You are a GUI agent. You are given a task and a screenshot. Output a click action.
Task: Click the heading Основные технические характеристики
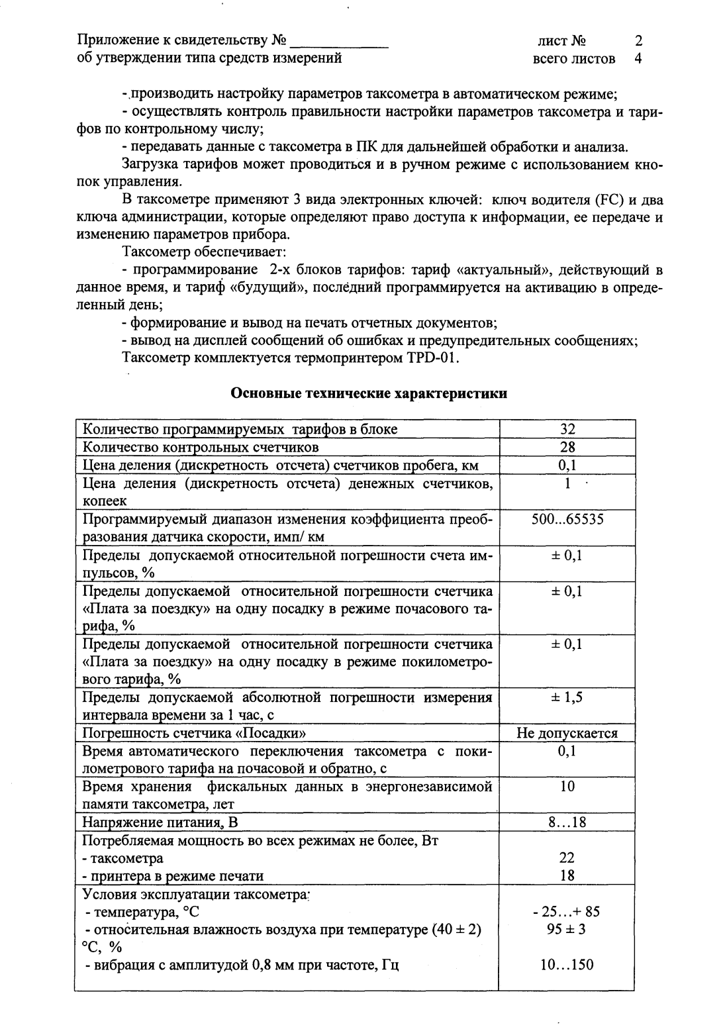pyautogui.click(x=369, y=394)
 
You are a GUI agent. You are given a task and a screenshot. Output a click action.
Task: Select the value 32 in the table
pyautogui.click(x=567, y=429)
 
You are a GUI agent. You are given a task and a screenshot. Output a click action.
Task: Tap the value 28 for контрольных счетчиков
pyautogui.click(x=567, y=447)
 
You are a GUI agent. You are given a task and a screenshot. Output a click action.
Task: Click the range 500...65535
pyautogui.click(x=567, y=519)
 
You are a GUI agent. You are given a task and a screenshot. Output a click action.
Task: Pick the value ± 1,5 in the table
pyautogui.click(x=567, y=697)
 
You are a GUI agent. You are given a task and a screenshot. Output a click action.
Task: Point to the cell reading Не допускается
pyautogui.click(x=567, y=733)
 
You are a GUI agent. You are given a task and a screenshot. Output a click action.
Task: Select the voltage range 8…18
pyautogui.click(x=567, y=822)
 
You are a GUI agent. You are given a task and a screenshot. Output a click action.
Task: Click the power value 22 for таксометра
pyautogui.click(x=567, y=858)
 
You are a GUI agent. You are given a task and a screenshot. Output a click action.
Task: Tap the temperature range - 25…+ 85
pyautogui.click(x=567, y=912)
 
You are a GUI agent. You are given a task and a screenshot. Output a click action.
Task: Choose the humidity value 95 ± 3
pyautogui.click(x=567, y=929)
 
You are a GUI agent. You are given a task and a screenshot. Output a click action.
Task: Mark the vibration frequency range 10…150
pyautogui.click(x=567, y=964)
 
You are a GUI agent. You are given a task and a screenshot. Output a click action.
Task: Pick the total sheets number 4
pyautogui.click(x=638, y=58)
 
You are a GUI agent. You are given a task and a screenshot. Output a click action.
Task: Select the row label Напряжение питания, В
pyautogui.click(x=160, y=822)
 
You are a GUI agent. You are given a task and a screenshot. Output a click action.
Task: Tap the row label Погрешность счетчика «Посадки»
pyautogui.click(x=194, y=733)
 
